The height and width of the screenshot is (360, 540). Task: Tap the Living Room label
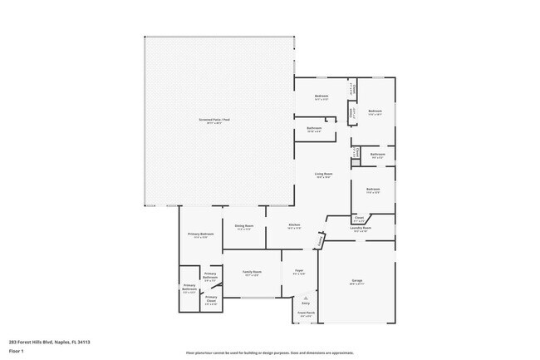[322, 174]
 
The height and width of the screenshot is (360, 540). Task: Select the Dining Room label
[243, 225]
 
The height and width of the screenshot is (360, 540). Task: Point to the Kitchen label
[294, 225]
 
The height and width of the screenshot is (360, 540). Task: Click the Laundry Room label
[361, 227]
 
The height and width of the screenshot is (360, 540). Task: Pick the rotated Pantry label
[320, 242]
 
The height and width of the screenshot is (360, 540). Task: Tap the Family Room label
[253, 271]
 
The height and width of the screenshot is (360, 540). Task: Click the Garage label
[356, 281]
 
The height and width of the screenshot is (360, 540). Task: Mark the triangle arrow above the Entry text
[305, 296]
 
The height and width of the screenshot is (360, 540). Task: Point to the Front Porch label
[305, 313]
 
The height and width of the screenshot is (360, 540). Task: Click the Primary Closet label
[211, 298]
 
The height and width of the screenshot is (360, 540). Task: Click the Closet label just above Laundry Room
[359, 218]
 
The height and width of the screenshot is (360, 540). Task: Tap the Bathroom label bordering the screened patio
[314, 128]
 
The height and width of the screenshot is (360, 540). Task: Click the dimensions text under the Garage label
[356, 285]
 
